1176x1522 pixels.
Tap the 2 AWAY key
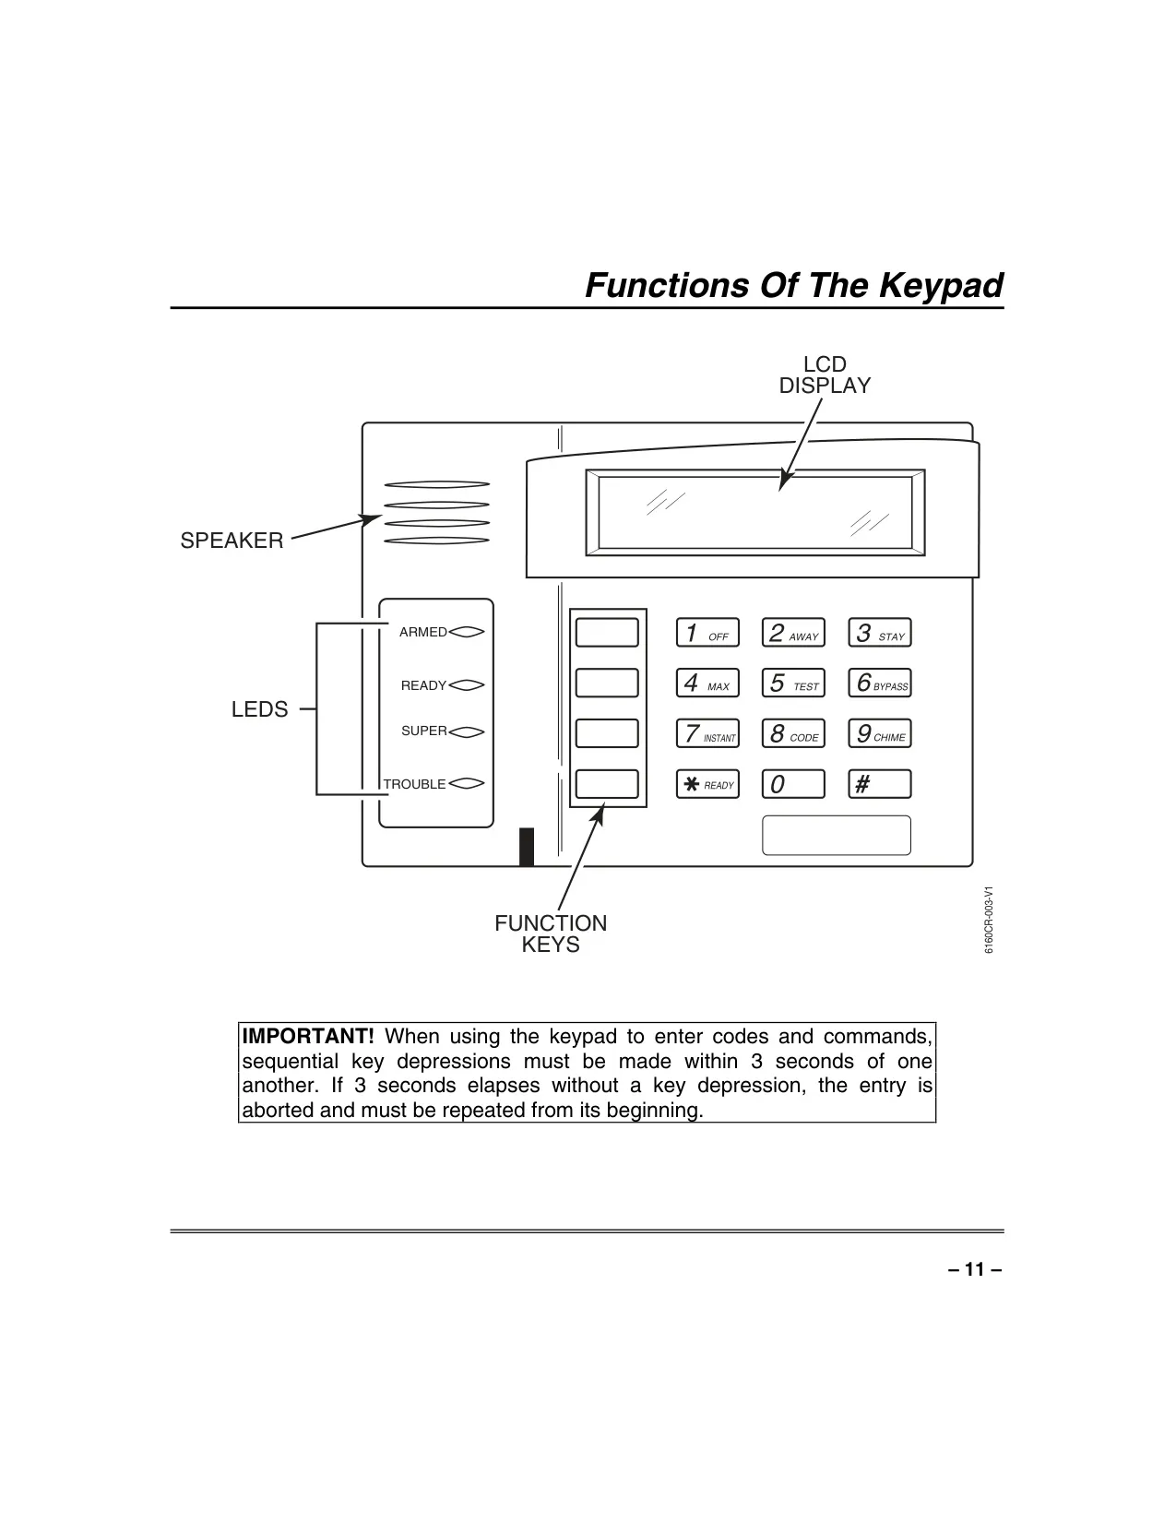793,633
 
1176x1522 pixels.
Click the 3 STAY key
880,633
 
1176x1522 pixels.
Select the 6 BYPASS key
880,683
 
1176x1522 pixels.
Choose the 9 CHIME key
880,733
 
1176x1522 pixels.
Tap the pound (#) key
880,784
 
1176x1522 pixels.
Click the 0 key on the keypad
793,784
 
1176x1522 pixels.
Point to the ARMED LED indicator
467,632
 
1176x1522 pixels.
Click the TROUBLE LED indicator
467,784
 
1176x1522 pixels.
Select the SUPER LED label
423,731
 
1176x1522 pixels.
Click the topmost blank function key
607,633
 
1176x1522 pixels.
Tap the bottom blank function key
607,784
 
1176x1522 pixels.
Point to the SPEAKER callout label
232,541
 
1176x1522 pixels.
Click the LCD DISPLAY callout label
825,375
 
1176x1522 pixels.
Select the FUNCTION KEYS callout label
551,933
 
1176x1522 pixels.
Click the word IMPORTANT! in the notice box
308,1036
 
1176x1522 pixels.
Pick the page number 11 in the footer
975,1269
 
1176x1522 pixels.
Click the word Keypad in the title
940,286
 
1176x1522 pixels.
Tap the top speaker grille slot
436,484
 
